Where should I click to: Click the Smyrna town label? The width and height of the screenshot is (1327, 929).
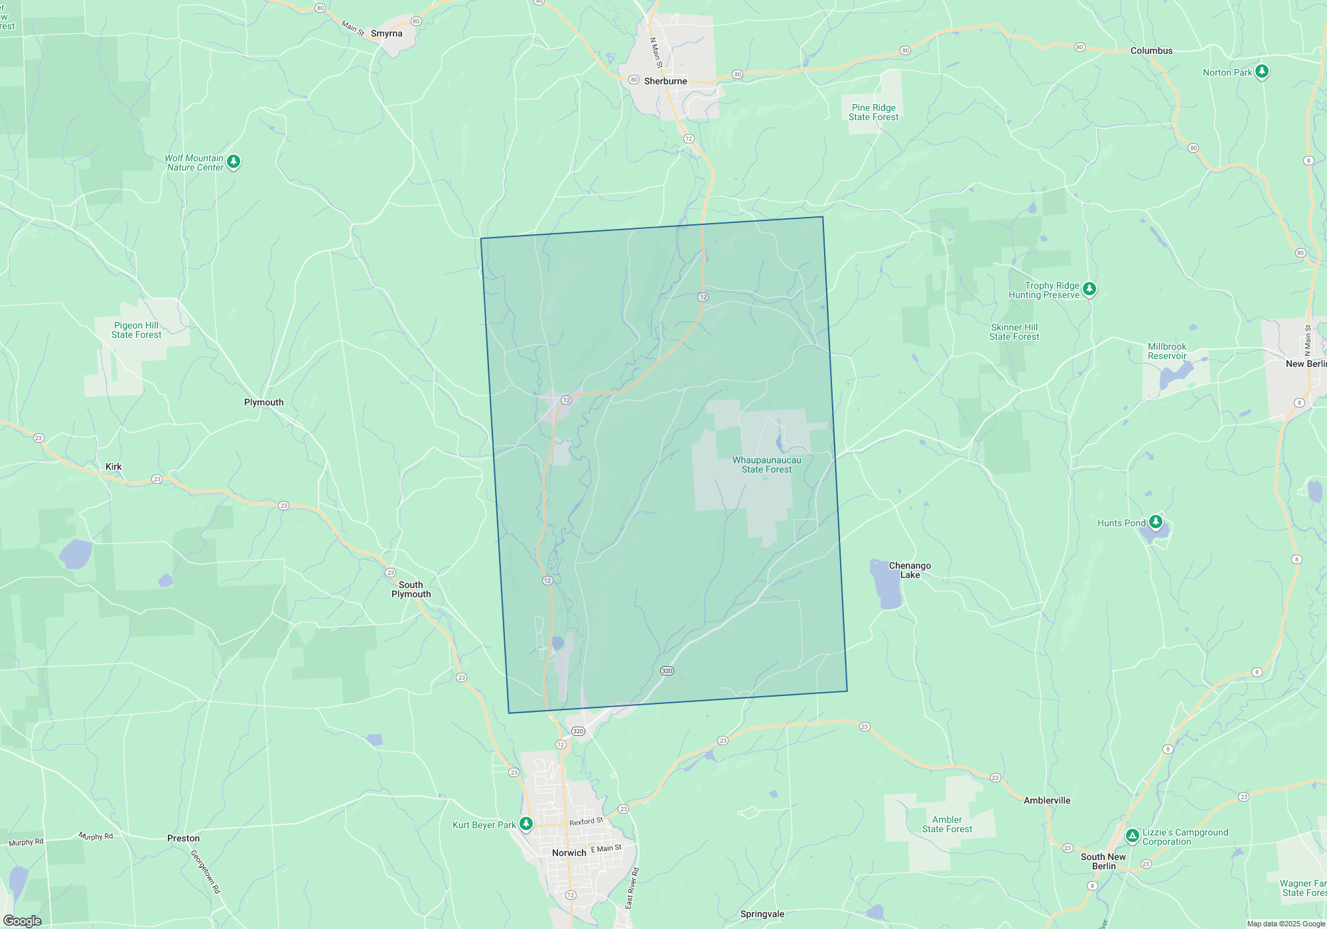[386, 33]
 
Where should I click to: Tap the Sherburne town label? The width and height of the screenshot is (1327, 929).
[665, 81]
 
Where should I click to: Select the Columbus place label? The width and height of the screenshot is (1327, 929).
[1151, 50]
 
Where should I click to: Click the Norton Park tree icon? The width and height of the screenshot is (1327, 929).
[1262, 71]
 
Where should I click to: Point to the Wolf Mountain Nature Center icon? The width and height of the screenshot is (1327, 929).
[234, 161]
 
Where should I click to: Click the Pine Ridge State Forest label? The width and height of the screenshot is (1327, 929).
[873, 112]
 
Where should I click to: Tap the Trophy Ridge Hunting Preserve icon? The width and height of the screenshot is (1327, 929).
[1089, 289]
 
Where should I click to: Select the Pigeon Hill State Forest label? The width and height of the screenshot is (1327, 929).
[136, 330]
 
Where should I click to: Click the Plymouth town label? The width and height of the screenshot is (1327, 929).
[263, 402]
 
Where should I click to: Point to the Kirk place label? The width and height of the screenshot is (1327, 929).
[113, 466]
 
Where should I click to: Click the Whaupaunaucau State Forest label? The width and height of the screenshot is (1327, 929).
[766, 464]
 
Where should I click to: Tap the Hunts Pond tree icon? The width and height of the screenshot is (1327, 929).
[1156, 522]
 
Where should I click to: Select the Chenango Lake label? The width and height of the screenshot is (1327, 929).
[910, 570]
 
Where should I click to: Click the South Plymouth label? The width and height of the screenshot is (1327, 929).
[411, 589]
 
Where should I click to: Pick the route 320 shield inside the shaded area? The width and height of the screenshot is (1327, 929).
[667, 671]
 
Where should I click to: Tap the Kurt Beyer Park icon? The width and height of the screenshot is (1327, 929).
[526, 823]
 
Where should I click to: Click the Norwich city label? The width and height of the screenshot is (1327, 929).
[569, 853]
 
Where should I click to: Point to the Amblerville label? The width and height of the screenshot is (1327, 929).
[1046, 800]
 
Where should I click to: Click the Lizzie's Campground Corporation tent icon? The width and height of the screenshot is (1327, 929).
[1132, 835]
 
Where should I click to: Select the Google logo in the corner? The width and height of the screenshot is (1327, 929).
[22, 920]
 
